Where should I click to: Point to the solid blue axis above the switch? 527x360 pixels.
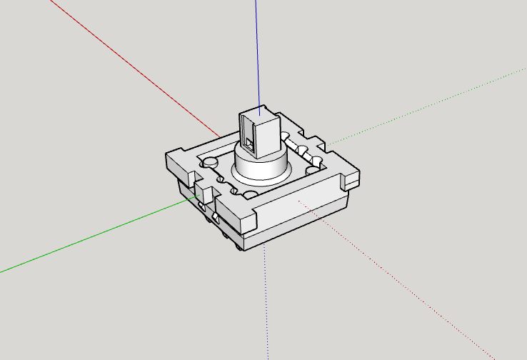[x=256, y=50]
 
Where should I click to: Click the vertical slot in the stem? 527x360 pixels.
[x=248, y=135]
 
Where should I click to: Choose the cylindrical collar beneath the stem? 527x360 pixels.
[x=261, y=167]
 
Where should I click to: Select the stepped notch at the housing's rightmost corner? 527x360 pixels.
[x=349, y=179]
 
